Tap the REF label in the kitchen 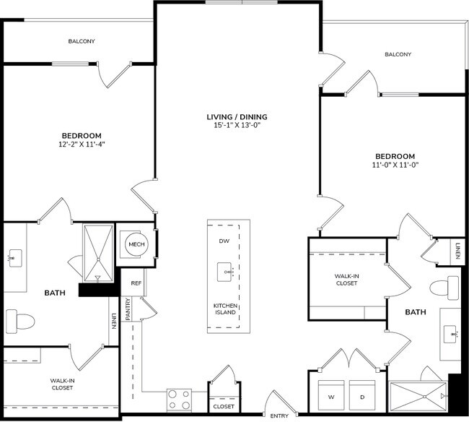pos(136,283)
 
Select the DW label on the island pos(224,241)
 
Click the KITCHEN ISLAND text pos(226,309)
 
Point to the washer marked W pos(330,396)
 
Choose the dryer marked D pos(362,396)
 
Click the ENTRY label pos(279,416)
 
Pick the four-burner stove pos(179,400)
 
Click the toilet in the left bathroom pos(19,319)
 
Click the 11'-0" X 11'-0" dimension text pos(395,165)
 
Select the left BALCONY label pos(82,41)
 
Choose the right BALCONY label pos(398,54)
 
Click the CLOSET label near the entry pos(222,406)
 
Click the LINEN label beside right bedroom pos(457,252)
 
